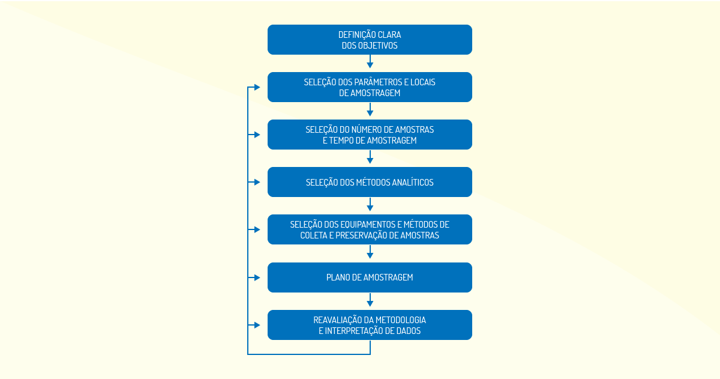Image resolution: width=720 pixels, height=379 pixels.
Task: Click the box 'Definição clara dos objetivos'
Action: click(370, 40)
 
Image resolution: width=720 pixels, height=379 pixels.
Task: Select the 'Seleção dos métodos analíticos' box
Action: click(370, 182)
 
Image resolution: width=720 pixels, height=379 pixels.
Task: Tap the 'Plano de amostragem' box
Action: click(370, 277)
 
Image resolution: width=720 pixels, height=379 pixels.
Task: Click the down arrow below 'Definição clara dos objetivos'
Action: click(370, 61)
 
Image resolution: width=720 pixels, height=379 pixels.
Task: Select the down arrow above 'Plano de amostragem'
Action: click(370, 252)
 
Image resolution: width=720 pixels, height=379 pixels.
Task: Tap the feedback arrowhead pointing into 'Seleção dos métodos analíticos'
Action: click(257, 182)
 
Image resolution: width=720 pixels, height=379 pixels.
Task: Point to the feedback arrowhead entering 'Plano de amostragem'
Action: click(257, 277)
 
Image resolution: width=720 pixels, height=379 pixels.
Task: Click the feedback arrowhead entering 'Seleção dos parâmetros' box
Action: click(257, 87)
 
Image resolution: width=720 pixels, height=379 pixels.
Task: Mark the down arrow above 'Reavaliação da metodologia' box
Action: click(370, 300)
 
